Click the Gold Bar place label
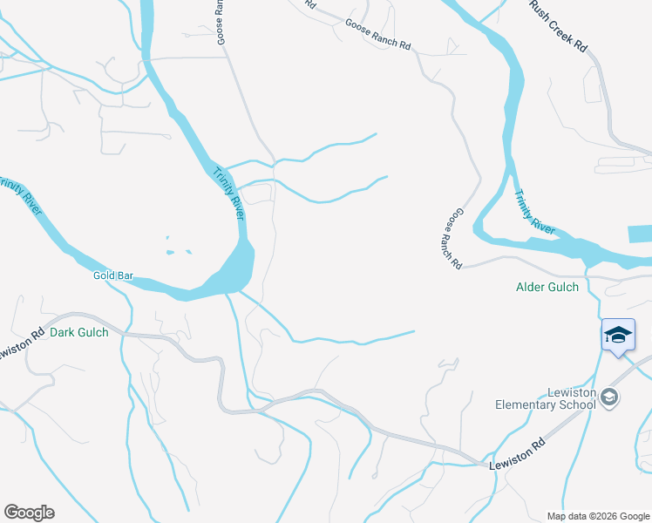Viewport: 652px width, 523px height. tap(112, 275)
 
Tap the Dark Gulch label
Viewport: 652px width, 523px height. tap(78, 332)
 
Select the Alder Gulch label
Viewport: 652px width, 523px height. tap(547, 287)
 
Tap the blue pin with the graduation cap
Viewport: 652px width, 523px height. tap(618, 336)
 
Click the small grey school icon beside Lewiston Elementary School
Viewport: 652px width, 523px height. tap(610, 398)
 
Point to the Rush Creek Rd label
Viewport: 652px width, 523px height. tap(559, 25)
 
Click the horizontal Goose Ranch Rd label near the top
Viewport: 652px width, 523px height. tap(377, 35)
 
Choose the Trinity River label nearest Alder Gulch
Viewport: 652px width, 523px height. tap(533, 212)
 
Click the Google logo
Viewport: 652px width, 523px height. tap(29, 513)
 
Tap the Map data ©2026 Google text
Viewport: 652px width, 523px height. tap(597, 516)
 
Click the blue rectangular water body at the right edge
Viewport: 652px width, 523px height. tap(639, 234)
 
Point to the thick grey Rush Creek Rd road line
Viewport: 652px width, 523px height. tap(603, 96)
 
